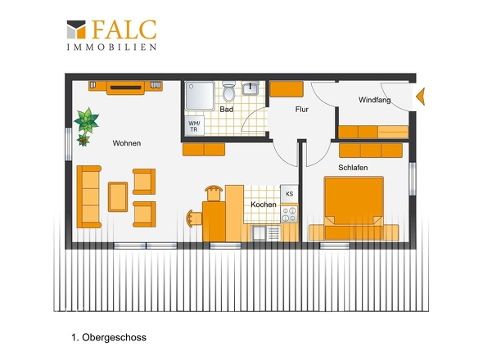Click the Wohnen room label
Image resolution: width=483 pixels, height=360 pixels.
click(x=127, y=143)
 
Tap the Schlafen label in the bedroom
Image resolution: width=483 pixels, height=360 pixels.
click(x=353, y=168)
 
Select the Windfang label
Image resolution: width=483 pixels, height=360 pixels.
click(x=375, y=100)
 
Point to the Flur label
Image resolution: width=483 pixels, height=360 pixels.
click(x=301, y=110)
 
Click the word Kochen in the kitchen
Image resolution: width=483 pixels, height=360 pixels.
click(x=264, y=205)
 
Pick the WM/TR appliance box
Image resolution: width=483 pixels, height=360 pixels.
click(x=194, y=126)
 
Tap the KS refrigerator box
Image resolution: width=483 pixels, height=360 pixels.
click(x=289, y=194)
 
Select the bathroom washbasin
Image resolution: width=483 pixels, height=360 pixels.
click(x=251, y=88)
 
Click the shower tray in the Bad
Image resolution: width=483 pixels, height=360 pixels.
click(x=200, y=96)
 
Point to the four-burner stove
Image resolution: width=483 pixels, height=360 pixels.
click(x=289, y=214)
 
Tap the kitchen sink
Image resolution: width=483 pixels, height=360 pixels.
click(x=266, y=233)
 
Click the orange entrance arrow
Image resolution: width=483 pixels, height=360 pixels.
click(x=421, y=97)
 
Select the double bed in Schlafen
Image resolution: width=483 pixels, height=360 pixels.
click(x=354, y=209)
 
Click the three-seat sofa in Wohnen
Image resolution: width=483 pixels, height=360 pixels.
click(x=88, y=197)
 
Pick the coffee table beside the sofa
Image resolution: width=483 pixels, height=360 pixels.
click(x=118, y=197)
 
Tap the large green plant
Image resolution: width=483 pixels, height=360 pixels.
click(x=87, y=120)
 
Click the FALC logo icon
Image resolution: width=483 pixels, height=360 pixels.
click(x=76, y=29)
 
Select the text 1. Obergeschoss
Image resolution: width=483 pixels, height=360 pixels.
click(x=109, y=338)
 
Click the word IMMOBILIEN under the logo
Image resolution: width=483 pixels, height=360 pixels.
click(x=112, y=47)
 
